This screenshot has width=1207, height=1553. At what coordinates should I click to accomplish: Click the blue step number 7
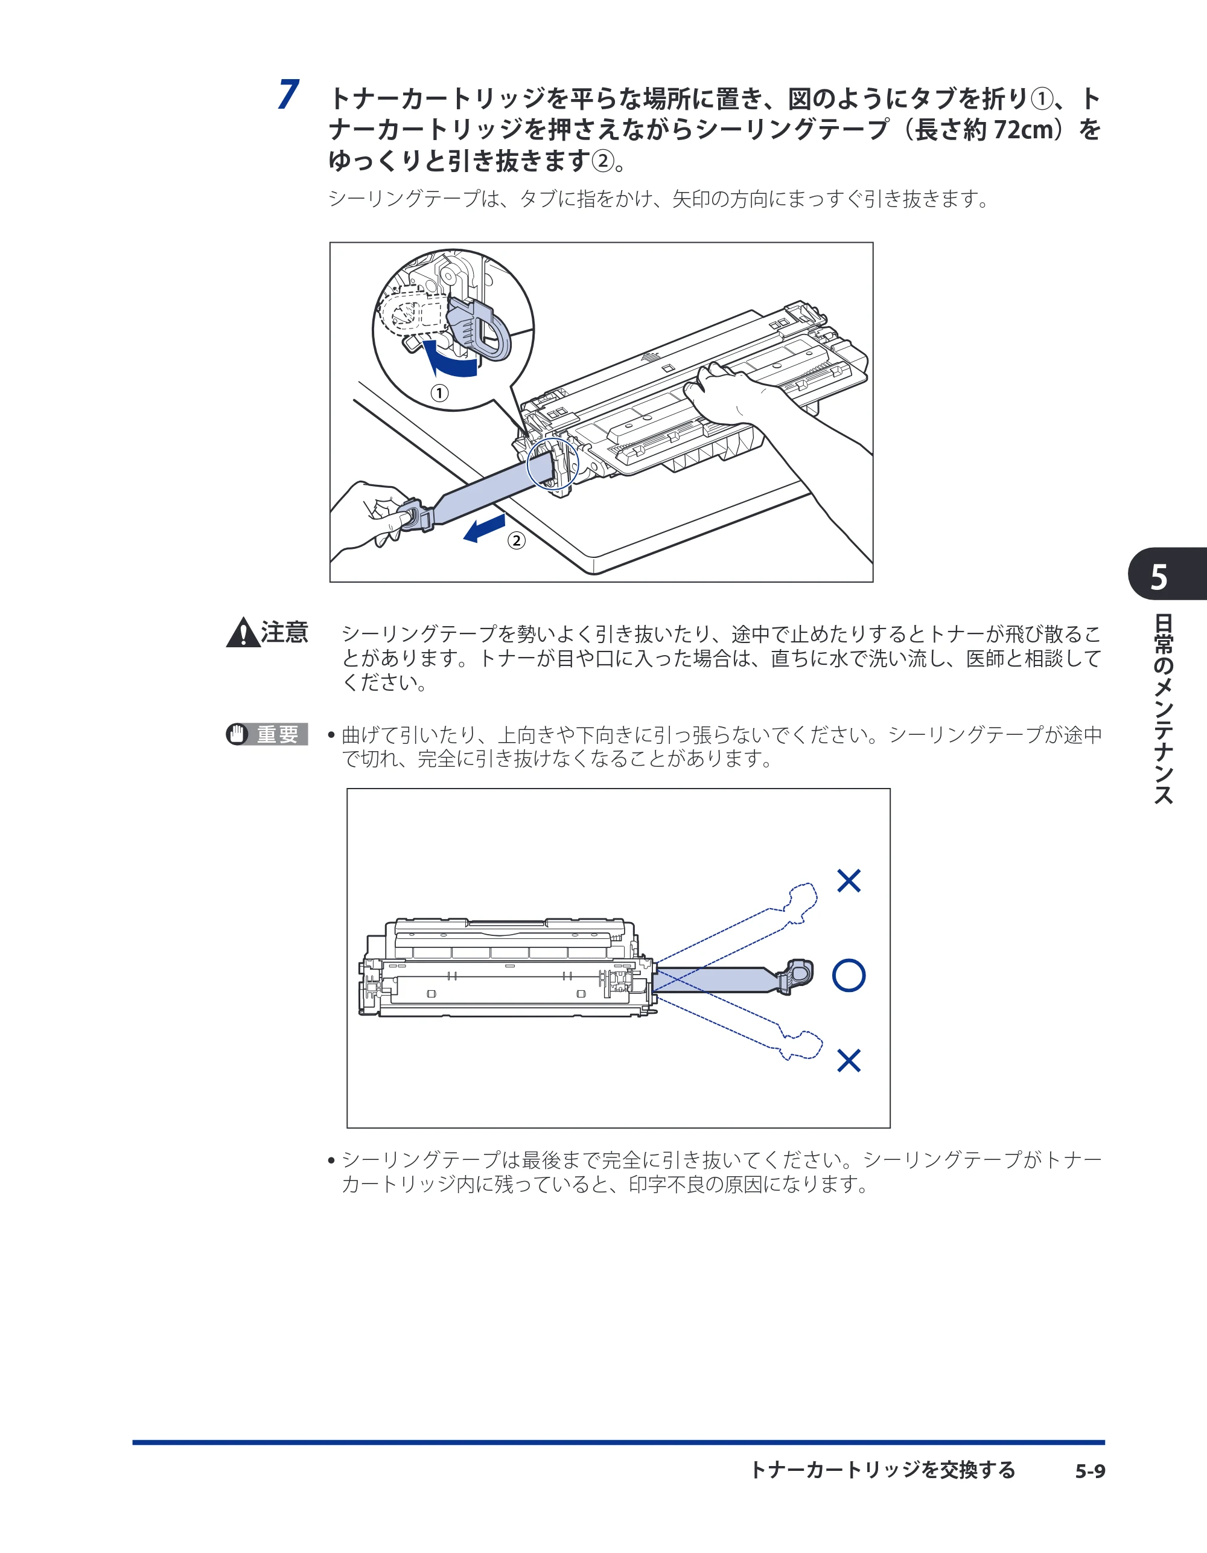pyautogui.click(x=288, y=95)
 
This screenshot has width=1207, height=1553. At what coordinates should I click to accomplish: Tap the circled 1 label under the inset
pyautogui.click(x=440, y=393)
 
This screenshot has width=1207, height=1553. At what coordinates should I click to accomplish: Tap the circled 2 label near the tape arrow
pyautogui.click(x=516, y=540)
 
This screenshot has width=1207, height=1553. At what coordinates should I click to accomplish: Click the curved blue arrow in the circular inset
pyautogui.click(x=448, y=360)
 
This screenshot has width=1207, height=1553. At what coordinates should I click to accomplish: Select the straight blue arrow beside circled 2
pyautogui.click(x=484, y=529)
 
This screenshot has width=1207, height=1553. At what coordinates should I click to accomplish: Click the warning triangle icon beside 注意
pyautogui.click(x=243, y=632)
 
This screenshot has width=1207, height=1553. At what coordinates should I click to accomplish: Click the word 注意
pyautogui.click(x=284, y=632)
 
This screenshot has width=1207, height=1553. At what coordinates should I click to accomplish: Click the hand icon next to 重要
pyautogui.click(x=237, y=734)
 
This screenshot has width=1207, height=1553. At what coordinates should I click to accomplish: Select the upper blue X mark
pyautogui.click(x=849, y=880)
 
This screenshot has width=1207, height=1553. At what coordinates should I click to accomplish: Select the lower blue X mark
pyautogui.click(x=849, y=1060)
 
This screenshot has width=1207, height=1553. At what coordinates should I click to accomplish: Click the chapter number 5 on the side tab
pyautogui.click(x=1159, y=577)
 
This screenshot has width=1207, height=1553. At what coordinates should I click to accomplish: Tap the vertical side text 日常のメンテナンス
pyautogui.click(x=1163, y=709)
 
